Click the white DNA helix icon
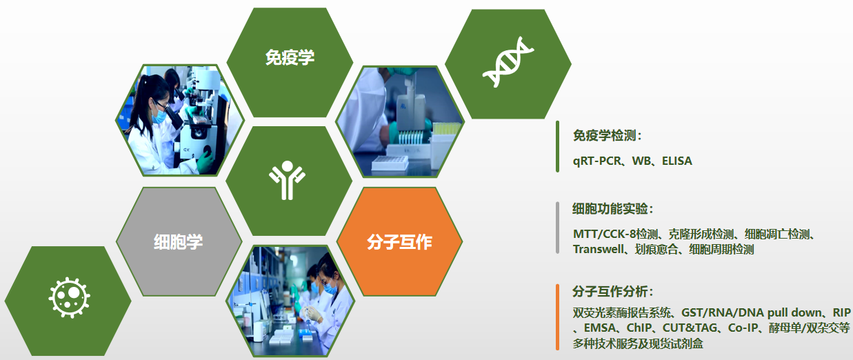click(508, 62)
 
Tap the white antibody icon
click(287, 180)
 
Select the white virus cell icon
click(70, 297)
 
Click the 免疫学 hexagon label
click(290, 58)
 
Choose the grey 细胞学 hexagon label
click(178, 242)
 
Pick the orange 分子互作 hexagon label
click(399, 242)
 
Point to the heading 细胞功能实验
click(610, 209)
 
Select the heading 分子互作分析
click(610, 292)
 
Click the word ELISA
click(677, 161)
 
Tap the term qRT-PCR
click(596, 161)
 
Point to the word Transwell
click(599, 249)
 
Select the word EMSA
click(600, 328)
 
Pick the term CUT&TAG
click(690, 328)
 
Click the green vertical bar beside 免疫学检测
click(557, 147)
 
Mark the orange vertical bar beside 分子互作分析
click(557, 317)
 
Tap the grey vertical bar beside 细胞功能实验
click(557, 228)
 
